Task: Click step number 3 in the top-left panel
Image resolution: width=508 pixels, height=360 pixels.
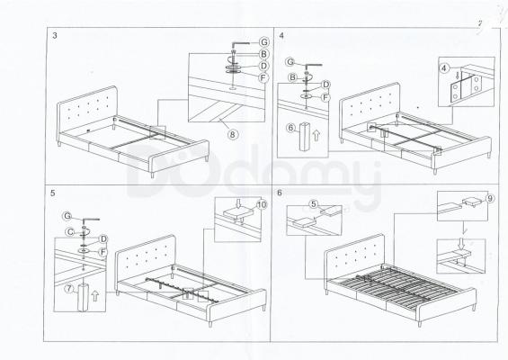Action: tap(55, 35)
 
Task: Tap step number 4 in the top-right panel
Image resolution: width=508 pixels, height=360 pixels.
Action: tap(281, 35)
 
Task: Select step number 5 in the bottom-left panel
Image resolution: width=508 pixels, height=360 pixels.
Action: tap(53, 193)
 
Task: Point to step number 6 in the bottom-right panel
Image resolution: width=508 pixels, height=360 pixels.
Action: tap(280, 193)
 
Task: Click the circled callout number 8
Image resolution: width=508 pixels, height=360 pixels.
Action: tap(233, 134)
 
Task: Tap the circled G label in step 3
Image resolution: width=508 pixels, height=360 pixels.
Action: tap(264, 42)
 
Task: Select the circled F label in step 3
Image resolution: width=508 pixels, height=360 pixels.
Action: tap(263, 77)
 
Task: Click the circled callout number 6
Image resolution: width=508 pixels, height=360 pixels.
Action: tap(291, 128)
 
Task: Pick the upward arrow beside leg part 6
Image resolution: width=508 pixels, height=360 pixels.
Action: tap(316, 135)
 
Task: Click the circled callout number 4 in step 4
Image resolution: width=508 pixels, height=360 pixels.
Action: tap(444, 68)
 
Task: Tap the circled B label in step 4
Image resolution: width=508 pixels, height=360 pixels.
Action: tap(292, 77)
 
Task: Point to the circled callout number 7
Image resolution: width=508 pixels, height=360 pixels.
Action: tap(69, 288)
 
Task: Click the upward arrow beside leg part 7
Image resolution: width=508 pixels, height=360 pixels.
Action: tap(95, 295)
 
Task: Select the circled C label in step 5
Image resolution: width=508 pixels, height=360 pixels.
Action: tap(69, 232)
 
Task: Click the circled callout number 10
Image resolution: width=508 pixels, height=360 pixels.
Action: tap(262, 204)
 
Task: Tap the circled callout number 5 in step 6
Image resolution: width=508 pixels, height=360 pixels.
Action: tap(313, 204)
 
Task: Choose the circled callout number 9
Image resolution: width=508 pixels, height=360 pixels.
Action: tap(491, 198)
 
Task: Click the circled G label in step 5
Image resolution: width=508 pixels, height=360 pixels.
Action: tap(67, 216)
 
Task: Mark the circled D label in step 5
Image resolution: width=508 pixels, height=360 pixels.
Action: tap(103, 239)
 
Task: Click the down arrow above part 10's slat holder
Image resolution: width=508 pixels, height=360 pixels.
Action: tap(238, 203)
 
